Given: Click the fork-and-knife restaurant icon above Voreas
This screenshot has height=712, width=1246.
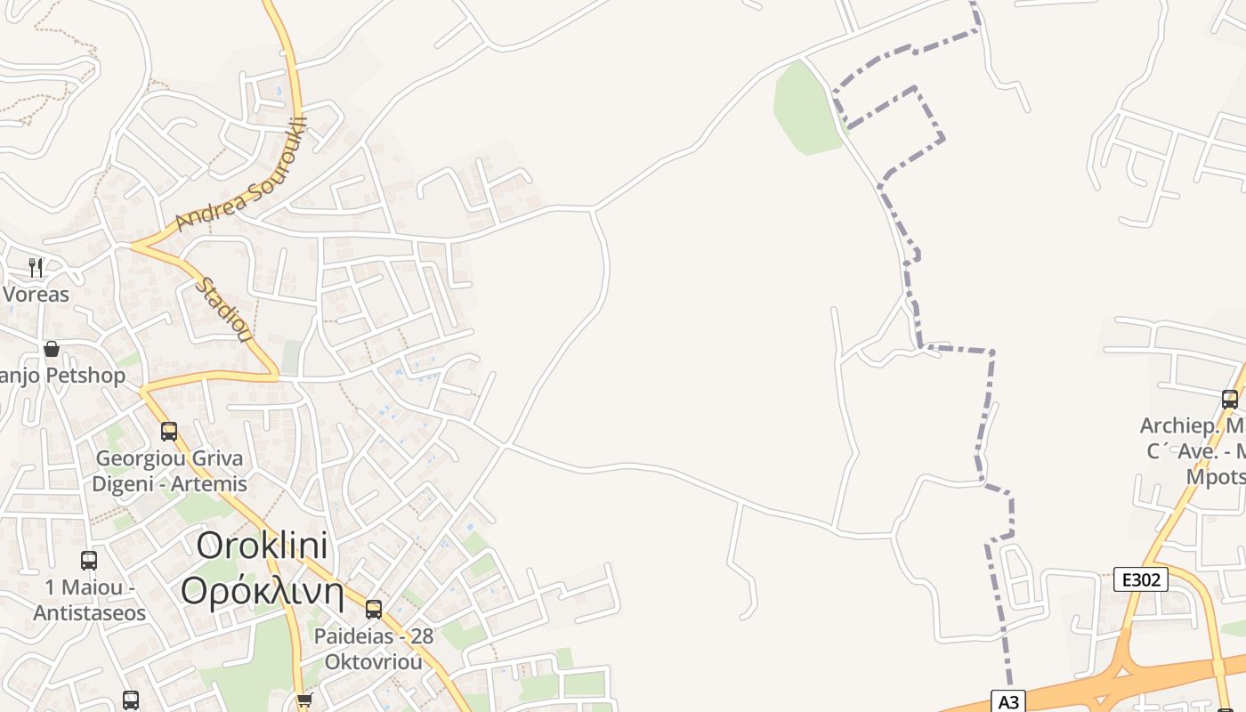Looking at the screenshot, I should tap(36, 267).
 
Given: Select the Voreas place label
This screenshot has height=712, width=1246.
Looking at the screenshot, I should tap(36, 295).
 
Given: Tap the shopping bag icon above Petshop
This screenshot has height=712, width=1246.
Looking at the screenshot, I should tap(52, 349).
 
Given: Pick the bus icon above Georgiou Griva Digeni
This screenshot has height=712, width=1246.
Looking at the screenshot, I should tap(169, 432).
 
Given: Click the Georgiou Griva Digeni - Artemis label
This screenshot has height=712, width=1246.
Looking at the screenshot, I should tap(170, 472).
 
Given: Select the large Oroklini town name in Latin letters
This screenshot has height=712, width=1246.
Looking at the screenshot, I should tap(263, 545).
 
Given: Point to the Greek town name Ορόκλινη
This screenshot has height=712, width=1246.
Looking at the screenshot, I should tap(263, 591).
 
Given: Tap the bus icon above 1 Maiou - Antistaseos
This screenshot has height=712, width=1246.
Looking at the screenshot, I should tap(89, 561).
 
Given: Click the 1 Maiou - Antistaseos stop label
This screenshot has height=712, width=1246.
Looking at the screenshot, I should tap(89, 601).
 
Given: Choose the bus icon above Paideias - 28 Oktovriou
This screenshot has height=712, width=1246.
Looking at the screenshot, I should tap(374, 610).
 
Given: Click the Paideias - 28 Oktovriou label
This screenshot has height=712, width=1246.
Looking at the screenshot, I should tap(374, 649).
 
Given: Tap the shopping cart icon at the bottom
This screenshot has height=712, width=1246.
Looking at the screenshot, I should tap(305, 700).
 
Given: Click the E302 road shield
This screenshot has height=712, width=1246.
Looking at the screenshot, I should tap(1141, 580).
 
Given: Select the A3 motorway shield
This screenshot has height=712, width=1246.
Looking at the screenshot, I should tap(1008, 701).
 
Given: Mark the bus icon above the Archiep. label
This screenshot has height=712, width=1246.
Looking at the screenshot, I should tap(1230, 400).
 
